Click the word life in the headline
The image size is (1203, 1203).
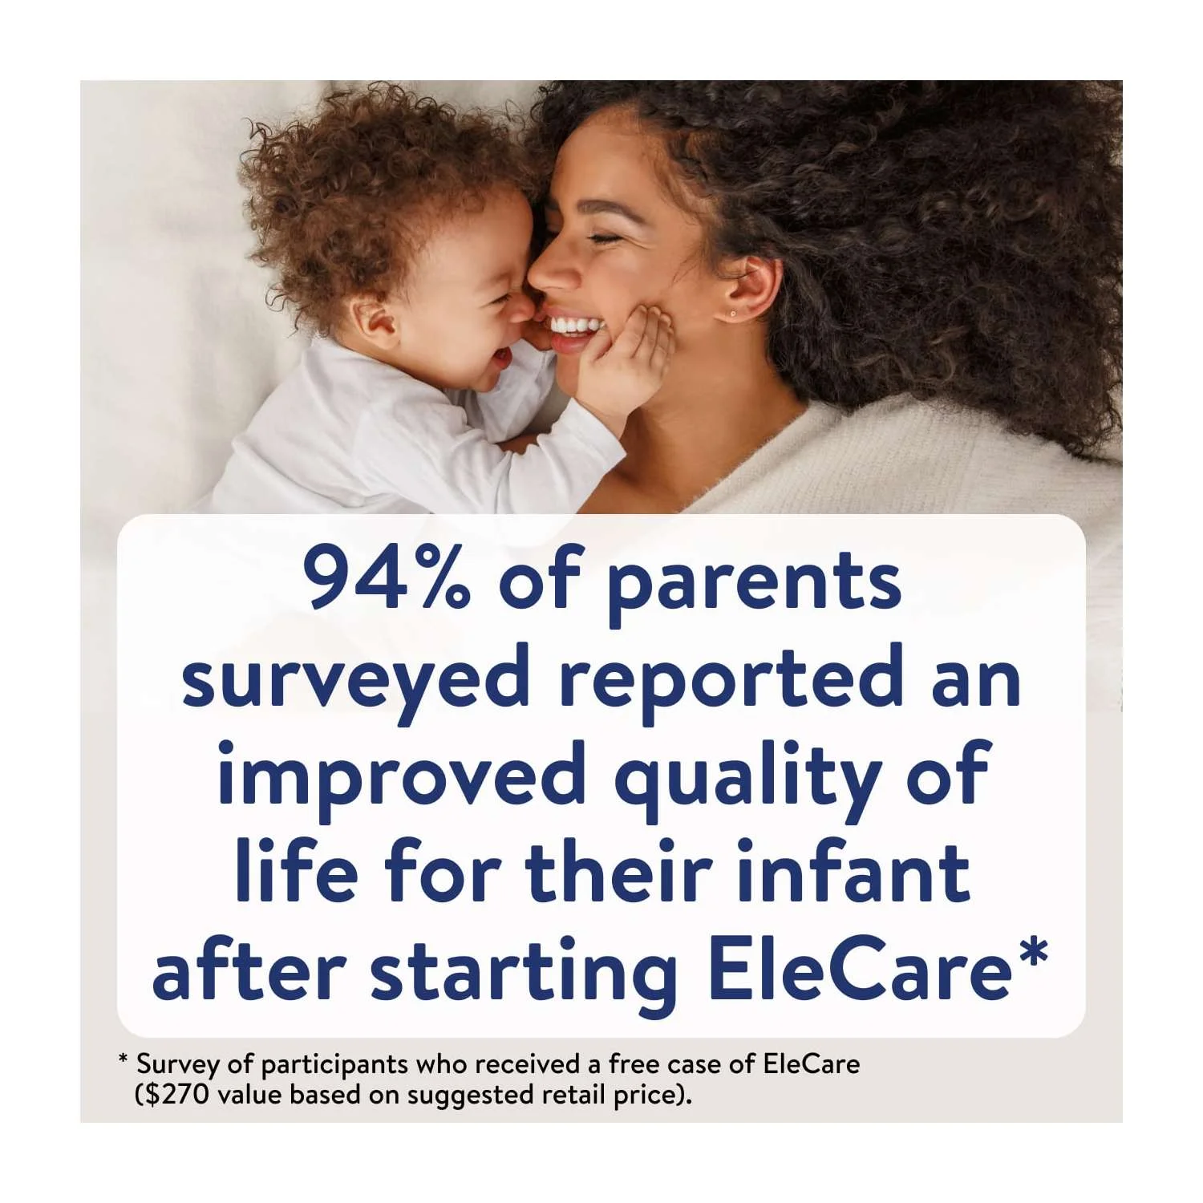296,870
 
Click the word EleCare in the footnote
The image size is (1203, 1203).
812,1064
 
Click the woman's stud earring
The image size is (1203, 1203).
732,313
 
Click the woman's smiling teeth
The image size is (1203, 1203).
576,326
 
